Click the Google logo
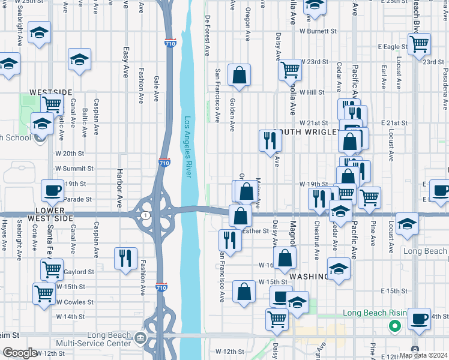click(20, 353)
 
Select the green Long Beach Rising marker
click(394, 326)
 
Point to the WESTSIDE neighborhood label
click(50, 92)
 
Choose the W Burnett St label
click(318, 31)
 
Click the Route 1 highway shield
click(145, 215)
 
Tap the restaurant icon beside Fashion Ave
click(125, 259)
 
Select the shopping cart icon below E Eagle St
click(419, 43)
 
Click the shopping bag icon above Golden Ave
click(239, 75)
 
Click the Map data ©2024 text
click(423, 355)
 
